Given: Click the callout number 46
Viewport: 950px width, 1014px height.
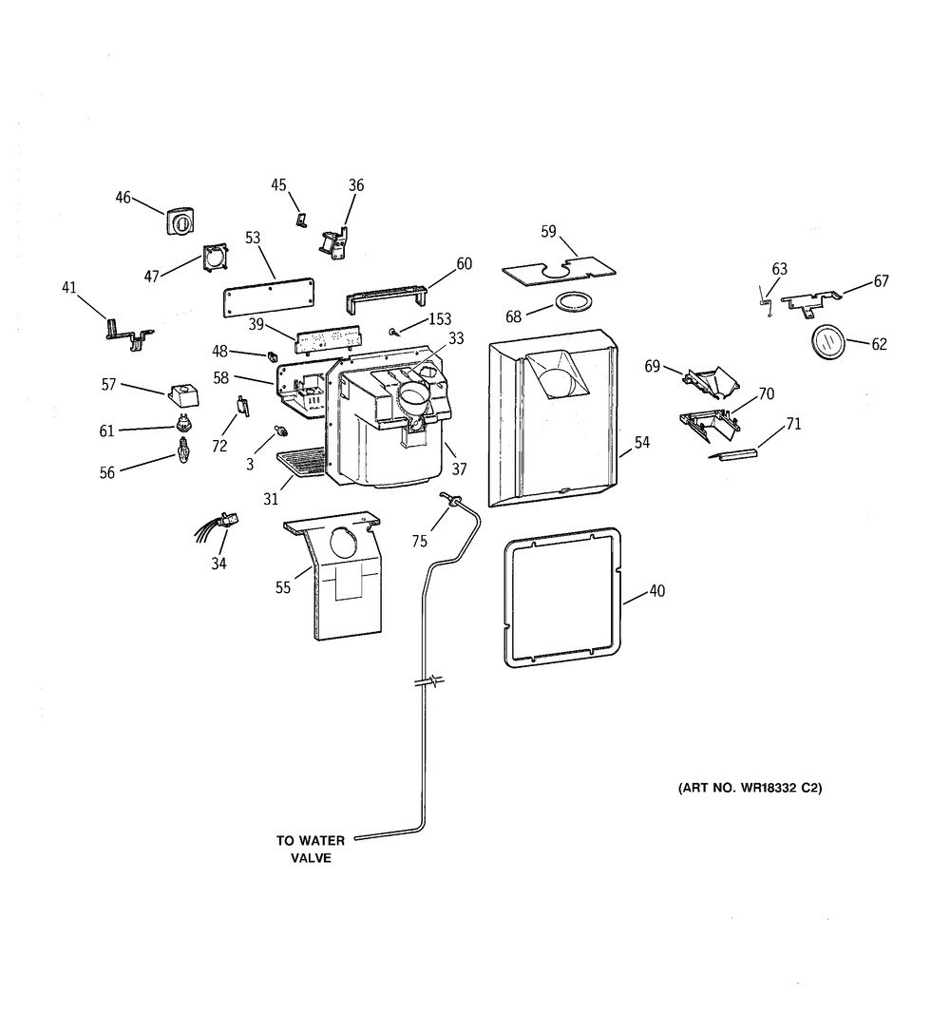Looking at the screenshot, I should [x=123, y=198].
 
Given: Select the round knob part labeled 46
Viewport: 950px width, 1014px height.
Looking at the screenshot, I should [x=180, y=221].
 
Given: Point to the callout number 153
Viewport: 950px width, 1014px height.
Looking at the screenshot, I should [x=440, y=319].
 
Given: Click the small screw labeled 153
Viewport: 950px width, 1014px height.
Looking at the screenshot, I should [x=392, y=332].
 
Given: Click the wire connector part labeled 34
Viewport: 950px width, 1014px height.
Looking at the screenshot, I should [x=225, y=519].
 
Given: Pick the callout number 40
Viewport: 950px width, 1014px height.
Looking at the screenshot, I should [x=656, y=591].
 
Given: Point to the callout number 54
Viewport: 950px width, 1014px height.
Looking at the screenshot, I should [x=642, y=442].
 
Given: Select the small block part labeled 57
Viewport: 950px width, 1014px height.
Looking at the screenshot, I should [x=182, y=392].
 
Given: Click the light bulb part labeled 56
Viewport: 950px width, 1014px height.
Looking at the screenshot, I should [x=180, y=449].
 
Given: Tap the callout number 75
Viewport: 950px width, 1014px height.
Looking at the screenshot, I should [x=419, y=541].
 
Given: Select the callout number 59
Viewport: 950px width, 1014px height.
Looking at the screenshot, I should [x=548, y=231].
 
